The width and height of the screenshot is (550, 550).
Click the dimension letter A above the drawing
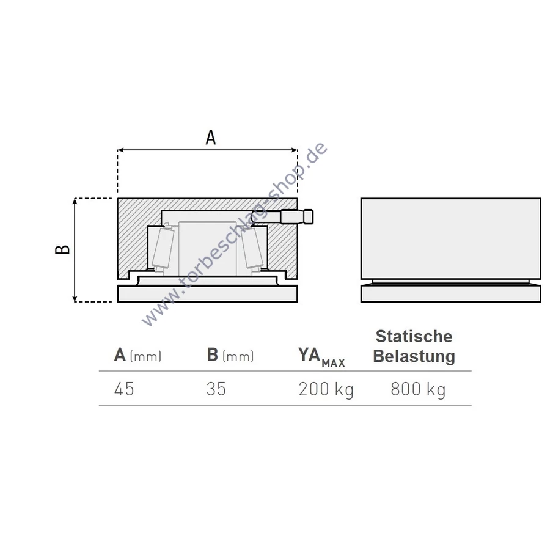pos(210,137)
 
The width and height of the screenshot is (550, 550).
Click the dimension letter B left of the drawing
pos(62,249)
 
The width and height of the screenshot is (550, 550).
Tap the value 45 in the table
pos(124,389)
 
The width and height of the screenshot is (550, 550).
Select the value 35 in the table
pos(216,389)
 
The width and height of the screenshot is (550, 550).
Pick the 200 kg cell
pos(326,390)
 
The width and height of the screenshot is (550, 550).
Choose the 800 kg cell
pos(418,390)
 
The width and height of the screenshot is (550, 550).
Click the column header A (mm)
pos(138,355)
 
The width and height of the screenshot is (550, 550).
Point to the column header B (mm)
pos(230,355)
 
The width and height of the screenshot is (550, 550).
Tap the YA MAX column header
pos(321,357)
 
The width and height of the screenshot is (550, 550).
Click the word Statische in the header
pos(414,336)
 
